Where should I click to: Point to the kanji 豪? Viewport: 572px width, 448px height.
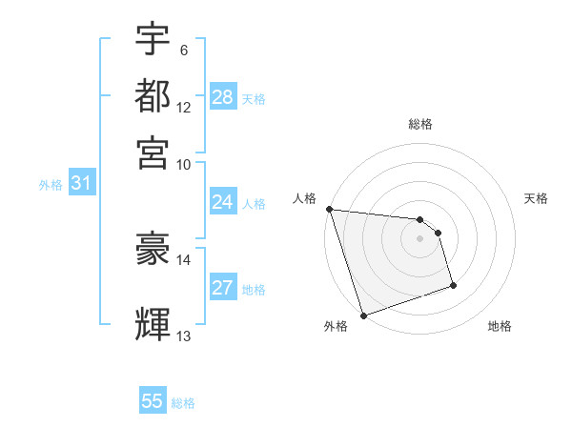click(153, 251)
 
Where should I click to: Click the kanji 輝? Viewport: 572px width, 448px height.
click(153, 323)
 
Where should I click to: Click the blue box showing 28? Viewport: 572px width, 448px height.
click(223, 97)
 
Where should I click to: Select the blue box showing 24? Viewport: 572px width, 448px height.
click(223, 202)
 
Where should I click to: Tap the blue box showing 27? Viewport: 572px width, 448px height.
click(223, 288)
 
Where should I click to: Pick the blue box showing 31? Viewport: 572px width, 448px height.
click(81, 184)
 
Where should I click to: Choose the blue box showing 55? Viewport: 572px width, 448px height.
click(153, 401)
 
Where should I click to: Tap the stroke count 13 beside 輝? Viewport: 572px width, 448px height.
click(184, 336)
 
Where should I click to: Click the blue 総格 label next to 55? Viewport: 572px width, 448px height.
click(183, 403)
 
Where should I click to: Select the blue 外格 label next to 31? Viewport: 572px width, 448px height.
click(51, 185)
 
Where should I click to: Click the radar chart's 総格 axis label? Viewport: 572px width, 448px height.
click(420, 124)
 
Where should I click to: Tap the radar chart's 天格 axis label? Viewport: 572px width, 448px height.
click(536, 198)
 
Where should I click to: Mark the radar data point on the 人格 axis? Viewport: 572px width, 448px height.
click(329, 209)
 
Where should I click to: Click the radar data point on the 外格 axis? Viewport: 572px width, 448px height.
click(363, 316)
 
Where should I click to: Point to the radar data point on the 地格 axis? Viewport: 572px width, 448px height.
click(453, 284)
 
